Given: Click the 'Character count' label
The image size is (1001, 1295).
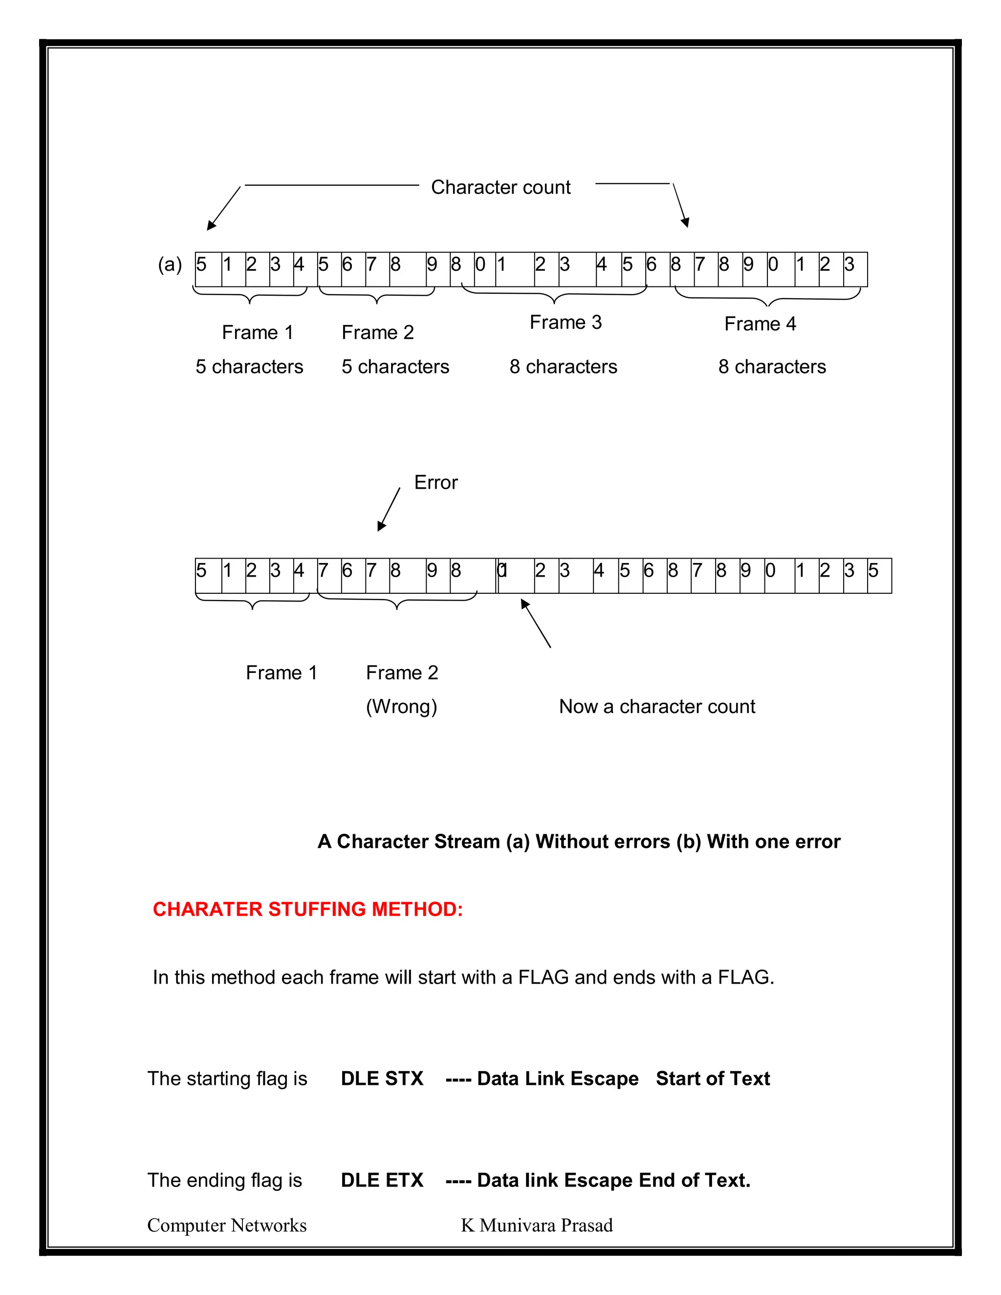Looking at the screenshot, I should (500, 187).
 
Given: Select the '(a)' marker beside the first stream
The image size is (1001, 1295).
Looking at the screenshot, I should (170, 264).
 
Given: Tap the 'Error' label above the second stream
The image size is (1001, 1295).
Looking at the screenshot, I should (436, 483).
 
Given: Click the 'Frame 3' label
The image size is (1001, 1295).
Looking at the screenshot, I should (566, 323).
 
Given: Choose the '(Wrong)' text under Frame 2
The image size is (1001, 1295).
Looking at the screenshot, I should (401, 707).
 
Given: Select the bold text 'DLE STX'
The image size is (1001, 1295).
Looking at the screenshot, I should (382, 1079).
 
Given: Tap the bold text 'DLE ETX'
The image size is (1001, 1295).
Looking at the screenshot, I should (382, 1181).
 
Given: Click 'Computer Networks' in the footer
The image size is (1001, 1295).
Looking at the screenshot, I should (226, 1226).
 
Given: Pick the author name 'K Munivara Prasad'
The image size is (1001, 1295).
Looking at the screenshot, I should (537, 1226).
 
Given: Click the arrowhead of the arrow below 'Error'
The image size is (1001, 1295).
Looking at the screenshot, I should (381, 526).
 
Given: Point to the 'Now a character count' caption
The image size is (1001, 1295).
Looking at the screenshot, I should (657, 707).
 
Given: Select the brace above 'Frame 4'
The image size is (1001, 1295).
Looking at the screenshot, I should (768, 299).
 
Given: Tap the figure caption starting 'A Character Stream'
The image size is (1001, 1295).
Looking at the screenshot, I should (579, 842).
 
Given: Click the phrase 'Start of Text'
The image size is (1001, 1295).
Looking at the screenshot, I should (713, 1079).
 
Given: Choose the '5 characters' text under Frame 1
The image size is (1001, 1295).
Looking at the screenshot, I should (249, 367).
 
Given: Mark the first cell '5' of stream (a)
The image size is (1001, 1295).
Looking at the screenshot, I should (208, 269).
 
